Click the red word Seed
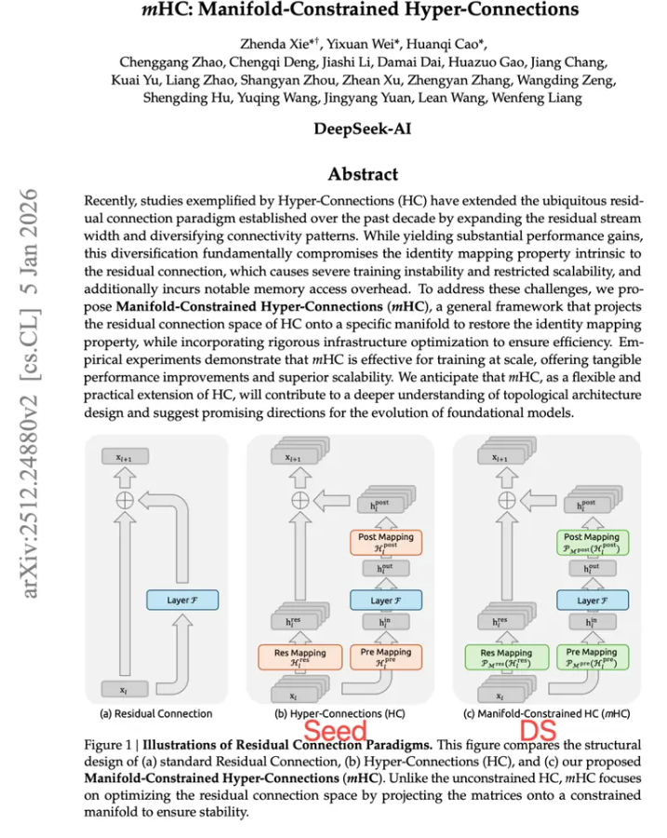tap(336, 731)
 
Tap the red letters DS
tap(538, 731)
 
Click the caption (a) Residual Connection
tap(155, 714)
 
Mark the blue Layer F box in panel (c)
tap(592, 601)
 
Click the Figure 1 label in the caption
tap(113, 745)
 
